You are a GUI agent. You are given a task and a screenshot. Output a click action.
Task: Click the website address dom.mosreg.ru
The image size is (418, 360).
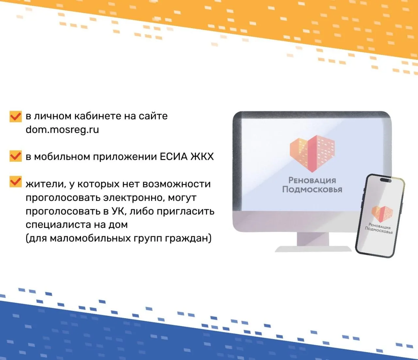tap(62, 130)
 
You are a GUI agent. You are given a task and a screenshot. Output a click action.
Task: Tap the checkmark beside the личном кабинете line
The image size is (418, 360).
tap(16, 116)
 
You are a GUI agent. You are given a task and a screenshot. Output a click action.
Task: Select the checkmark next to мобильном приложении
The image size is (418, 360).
tap(16, 156)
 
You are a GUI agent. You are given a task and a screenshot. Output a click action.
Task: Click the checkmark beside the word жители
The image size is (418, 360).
tap(16, 181)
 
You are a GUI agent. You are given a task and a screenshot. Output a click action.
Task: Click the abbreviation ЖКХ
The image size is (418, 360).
tap(202, 156)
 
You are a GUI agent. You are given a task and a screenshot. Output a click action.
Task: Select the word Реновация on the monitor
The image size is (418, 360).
tap(312, 180)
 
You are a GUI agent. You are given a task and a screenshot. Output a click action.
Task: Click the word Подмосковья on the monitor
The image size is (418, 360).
tap(312, 189)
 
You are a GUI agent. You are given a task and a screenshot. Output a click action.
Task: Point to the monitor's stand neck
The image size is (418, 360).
tap(313, 239)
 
